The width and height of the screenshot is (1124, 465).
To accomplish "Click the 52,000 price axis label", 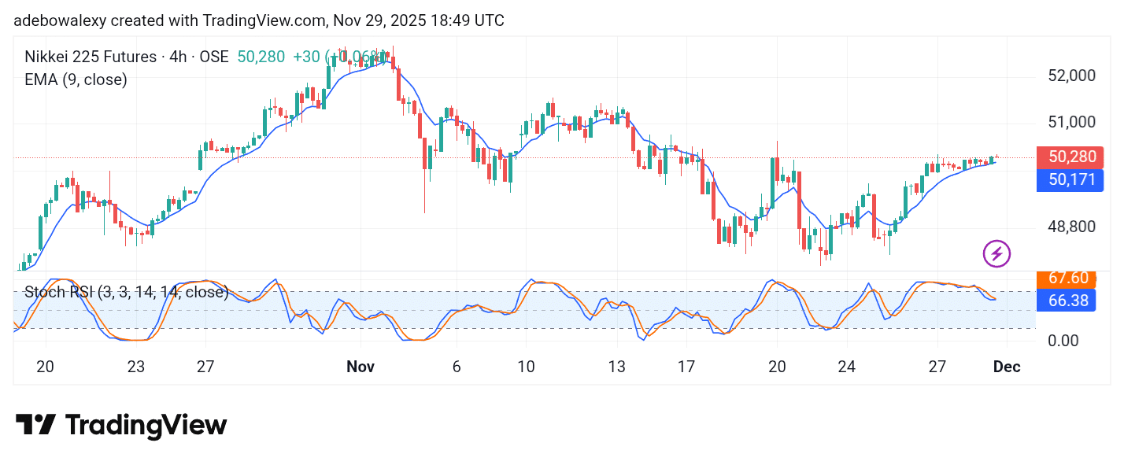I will pyautogui.click(x=1070, y=76).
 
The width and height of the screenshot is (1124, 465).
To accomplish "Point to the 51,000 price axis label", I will pyautogui.click(x=1070, y=122).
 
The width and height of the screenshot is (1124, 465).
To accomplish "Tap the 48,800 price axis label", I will pyautogui.click(x=1070, y=227).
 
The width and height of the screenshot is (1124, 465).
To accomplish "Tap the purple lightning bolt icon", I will pyautogui.click(x=996, y=253).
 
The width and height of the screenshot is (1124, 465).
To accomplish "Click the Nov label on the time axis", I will pyautogui.click(x=360, y=367).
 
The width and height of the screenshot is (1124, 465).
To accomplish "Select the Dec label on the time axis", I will pyautogui.click(x=1008, y=367).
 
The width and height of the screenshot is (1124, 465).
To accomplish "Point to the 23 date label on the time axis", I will pyautogui.click(x=136, y=367).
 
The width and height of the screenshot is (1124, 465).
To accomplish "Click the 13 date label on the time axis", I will pyautogui.click(x=616, y=367).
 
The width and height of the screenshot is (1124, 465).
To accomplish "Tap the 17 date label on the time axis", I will pyautogui.click(x=686, y=367).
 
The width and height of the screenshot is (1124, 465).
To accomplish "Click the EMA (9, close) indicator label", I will pyautogui.click(x=76, y=79).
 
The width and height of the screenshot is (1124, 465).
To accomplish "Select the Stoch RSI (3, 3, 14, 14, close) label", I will pyautogui.click(x=126, y=293).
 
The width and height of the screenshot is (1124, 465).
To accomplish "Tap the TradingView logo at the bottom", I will pyautogui.click(x=121, y=426).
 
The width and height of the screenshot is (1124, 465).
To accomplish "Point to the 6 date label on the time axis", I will pyautogui.click(x=456, y=367).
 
